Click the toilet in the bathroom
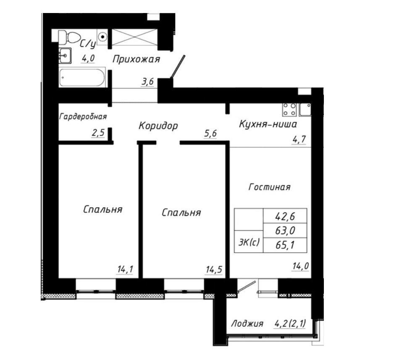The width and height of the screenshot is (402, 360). click(x=69, y=37)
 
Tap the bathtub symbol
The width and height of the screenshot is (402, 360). click(x=82, y=77)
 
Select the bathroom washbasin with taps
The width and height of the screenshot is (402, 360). click(x=65, y=55)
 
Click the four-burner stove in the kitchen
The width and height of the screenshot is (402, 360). click(x=289, y=110)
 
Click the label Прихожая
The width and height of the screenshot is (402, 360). click(x=136, y=60)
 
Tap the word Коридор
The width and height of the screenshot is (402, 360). click(x=158, y=126)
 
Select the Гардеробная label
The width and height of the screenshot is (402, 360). click(x=83, y=117)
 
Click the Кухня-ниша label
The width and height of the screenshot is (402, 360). click(x=268, y=124)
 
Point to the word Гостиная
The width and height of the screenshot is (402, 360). click(x=269, y=187)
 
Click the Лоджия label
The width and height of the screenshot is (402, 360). click(x=247, y=323)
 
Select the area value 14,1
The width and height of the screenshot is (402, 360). click(x=125, y=270)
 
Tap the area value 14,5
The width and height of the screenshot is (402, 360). click(x=214, y=270)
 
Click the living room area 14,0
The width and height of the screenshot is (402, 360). click(x=300, y=266)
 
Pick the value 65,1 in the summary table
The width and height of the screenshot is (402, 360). click(x=285, y=245)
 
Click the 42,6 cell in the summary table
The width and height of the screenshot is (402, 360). click(x=285, y=217)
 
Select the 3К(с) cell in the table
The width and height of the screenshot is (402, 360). click(x=249, y=242)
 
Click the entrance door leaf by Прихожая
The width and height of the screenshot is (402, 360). click(x=178, y=66)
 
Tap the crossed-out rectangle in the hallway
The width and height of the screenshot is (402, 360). click(x=134, y=37)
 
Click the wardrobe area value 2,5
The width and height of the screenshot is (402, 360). click(x=98, y=133)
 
